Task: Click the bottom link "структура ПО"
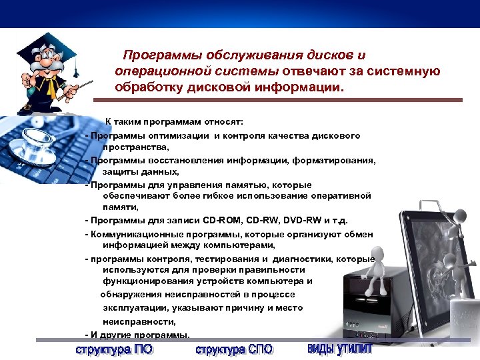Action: click(114, 349)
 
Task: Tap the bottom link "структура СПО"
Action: click(234, 349)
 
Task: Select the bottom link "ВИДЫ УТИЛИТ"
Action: click(340, 349)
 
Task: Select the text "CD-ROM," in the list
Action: click(221, 221)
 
